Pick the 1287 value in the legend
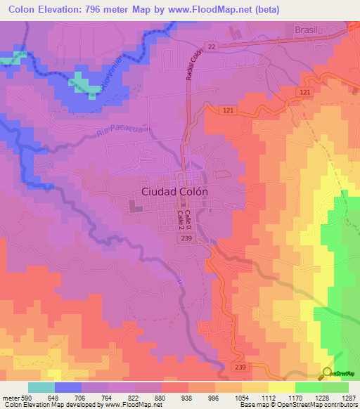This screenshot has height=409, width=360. (349, 397)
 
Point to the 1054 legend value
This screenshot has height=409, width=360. (242, 397)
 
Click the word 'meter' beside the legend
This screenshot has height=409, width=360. (10, 397)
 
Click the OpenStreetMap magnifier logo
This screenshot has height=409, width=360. (327, 373)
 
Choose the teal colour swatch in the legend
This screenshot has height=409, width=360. (41, 387)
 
